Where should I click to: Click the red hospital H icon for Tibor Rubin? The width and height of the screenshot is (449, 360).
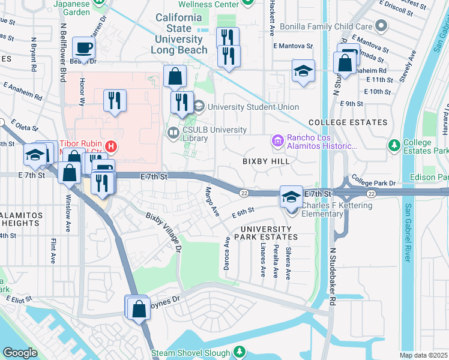[x=110, y=146]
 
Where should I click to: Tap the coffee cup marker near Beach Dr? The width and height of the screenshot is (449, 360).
[x=83, y=47]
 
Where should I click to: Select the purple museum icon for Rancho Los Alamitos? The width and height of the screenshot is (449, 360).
[x=277, y=141]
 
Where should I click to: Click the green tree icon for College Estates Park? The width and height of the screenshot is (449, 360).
[x=394, y=145]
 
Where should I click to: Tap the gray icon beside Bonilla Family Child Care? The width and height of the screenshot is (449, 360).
[x=381, y=26]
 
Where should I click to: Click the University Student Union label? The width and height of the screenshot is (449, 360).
[x=253, y=107]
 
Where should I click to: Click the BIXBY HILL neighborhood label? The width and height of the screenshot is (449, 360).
[x=266, y=161]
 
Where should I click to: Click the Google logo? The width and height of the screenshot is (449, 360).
[x=20, y=353]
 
